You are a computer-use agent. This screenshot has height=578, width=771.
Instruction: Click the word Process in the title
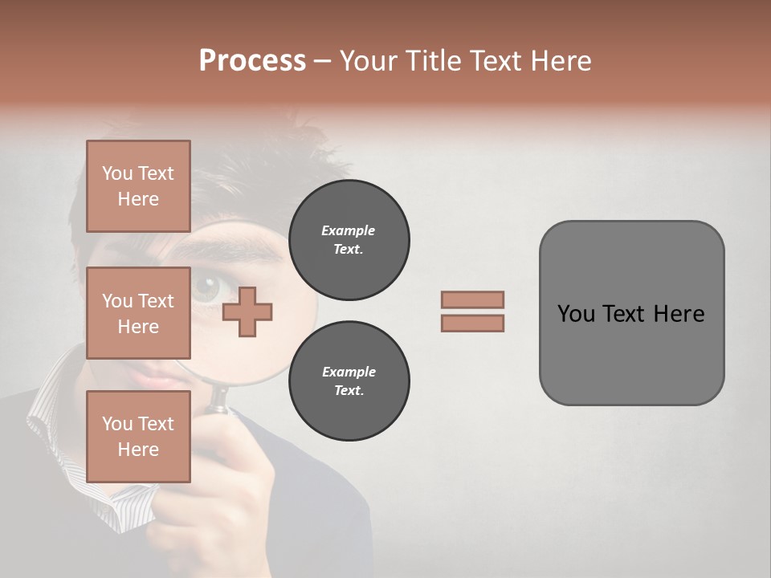252,61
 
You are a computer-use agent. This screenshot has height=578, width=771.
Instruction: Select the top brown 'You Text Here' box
138,186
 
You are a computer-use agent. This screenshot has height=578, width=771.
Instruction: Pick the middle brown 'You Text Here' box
138,313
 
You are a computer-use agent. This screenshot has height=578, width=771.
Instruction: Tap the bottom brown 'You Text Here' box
138,436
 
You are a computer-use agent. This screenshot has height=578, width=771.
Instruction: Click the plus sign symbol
247,310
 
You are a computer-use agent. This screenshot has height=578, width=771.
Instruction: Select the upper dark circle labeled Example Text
349,240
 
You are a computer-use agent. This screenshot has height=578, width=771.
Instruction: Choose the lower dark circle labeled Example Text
349,381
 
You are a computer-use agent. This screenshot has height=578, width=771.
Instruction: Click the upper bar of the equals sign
472,299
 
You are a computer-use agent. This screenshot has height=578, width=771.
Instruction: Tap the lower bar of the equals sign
472,323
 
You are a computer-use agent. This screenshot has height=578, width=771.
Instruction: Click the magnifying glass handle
218,401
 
